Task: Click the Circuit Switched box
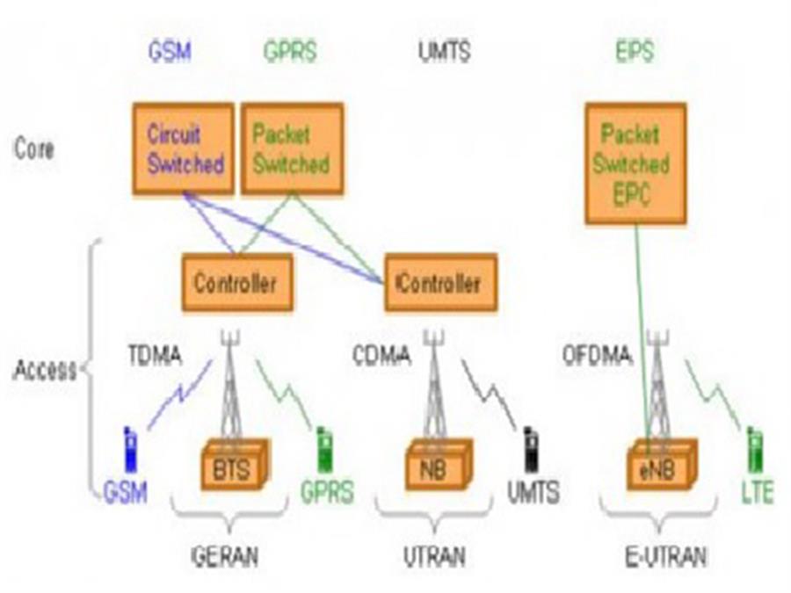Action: pyautogui.click(x=184, y=148)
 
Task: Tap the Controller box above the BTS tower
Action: pyautogui.click(x=236, y=283)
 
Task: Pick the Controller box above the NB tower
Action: pyautogui.click(x=440, y=283)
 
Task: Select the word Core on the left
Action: pyautogui.click(x=34, y=148)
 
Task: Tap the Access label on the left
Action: pyautogui.click(x=44, y=370)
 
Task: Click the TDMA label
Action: pyautogui.click(x=153, y=356)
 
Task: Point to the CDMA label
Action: pyautogui.click(x=381, y=357)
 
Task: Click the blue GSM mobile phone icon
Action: pyautogui.click(x=131, y=450)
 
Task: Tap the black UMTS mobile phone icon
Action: pyautogui.click(x=531, y=450)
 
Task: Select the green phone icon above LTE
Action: pyautogui.click(x=754, y=450)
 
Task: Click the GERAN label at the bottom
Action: pyautogui.click(x=226, y=556)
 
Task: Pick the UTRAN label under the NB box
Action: pyautogui.click(x=434, y=556)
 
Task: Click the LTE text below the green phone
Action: pyautogui.click(x=757, y=493)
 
